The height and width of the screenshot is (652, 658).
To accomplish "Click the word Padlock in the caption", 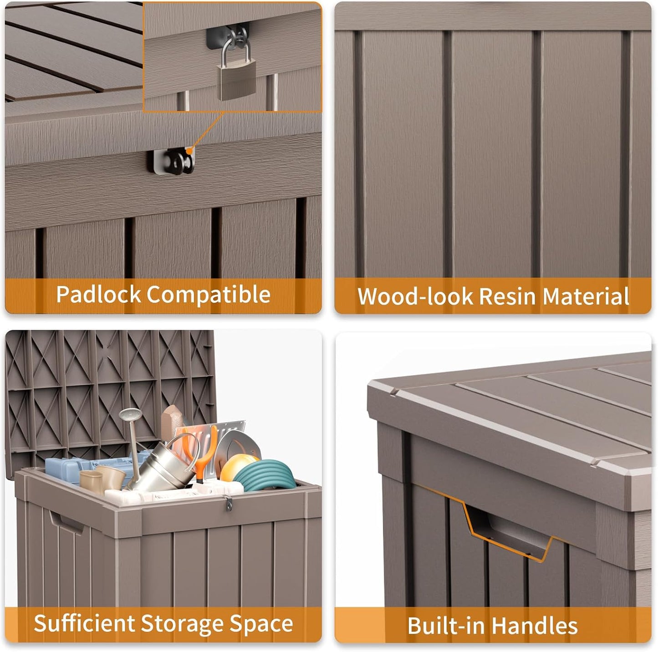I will coord(98,295).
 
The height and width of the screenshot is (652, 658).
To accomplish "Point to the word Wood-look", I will coord(415,297).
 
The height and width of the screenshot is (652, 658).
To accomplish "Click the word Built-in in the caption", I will coord(446,626).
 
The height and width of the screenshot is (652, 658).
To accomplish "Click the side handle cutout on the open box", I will coord(66,522).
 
